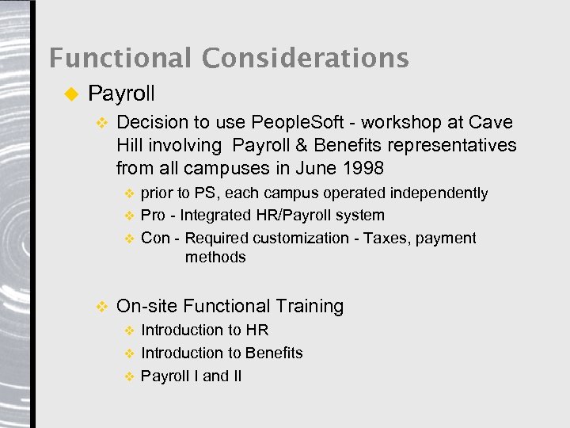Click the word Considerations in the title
tap(305, 58)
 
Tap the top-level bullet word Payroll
tap(121, 94)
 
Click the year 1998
tap(363, 168)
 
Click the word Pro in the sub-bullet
tap(154, 215)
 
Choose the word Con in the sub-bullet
tap(155, 238)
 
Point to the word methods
tap(215, 257)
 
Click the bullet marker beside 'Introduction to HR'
tap(130, 331)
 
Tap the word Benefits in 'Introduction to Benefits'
tap(274, 353)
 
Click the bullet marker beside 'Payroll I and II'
tap(130, 376)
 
